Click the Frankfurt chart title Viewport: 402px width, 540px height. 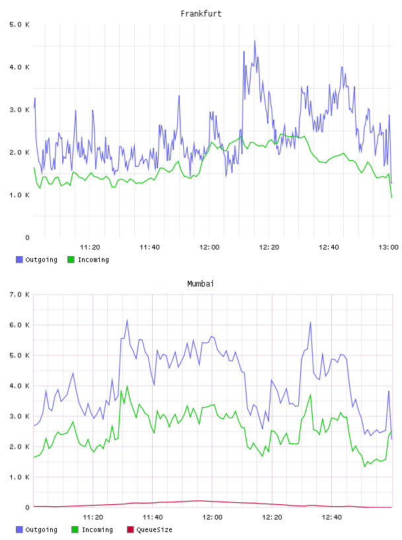(201, 14)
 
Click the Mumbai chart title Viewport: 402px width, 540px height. (200, 284)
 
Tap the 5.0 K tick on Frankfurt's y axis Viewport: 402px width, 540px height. (19, 24)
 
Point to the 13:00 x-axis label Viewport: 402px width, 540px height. (388, 247)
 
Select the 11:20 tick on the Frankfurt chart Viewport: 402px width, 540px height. (90, 247)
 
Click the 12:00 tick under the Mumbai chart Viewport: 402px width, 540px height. (212, 517)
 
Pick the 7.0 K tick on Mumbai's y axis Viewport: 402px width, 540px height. (19, 294)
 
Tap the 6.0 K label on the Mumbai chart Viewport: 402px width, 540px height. (19, 325)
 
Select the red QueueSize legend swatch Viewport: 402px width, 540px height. (130, 529)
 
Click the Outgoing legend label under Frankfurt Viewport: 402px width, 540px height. (41, 259)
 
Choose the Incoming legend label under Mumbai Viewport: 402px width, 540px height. (97, 529)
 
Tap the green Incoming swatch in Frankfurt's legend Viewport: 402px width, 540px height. (71, 259)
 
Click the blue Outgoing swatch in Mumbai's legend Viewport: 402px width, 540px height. (19, 529)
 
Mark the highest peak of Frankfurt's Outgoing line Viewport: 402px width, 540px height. (255, 40)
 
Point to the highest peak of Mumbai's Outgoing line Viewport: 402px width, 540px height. (128, 320)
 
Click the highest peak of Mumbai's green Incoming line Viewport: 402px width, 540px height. (128, 386)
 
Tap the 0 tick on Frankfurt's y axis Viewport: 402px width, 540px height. (27, 238)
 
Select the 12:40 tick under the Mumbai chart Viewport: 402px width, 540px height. (332, 517)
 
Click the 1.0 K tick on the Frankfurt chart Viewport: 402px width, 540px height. (19, 195)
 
